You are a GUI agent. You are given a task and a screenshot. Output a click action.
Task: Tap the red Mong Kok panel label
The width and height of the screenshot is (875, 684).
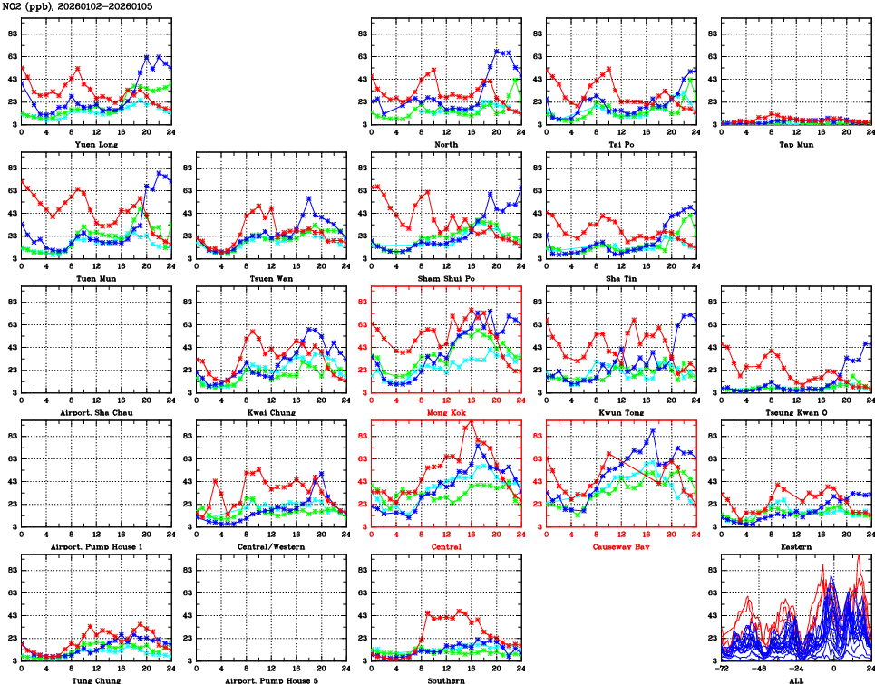point(445,412)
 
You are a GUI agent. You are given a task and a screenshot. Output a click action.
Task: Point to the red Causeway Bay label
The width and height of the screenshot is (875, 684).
point(621,546)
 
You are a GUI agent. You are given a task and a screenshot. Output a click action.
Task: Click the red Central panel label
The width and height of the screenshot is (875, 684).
point(445,546)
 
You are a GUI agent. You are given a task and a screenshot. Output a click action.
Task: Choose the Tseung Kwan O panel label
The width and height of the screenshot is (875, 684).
point(795,412)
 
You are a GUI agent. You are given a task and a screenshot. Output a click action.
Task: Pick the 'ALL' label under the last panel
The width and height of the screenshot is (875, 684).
point(795,679)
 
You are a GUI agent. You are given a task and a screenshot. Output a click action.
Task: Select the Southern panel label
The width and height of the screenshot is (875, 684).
point(445,679)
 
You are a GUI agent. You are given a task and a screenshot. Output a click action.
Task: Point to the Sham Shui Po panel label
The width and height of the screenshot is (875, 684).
point(445,278)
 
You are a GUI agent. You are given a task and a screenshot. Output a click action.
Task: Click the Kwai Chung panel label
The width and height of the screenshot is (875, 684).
point(270,412)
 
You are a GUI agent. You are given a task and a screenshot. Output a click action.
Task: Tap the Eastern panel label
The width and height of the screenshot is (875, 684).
point(795,546)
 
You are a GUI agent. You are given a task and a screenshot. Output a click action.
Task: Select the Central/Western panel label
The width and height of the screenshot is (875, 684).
point(270,546)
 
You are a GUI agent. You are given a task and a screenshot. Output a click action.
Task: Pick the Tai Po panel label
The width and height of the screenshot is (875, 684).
point(621,144)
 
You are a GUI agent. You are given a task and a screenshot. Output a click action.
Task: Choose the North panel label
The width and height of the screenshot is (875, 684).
point(445,144)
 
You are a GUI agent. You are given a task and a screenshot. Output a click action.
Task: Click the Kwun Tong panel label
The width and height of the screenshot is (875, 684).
point(621,412)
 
